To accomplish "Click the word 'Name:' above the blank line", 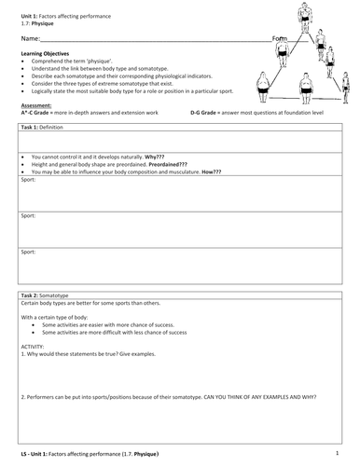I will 30,39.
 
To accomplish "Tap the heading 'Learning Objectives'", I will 41,55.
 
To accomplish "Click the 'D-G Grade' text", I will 206,112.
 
